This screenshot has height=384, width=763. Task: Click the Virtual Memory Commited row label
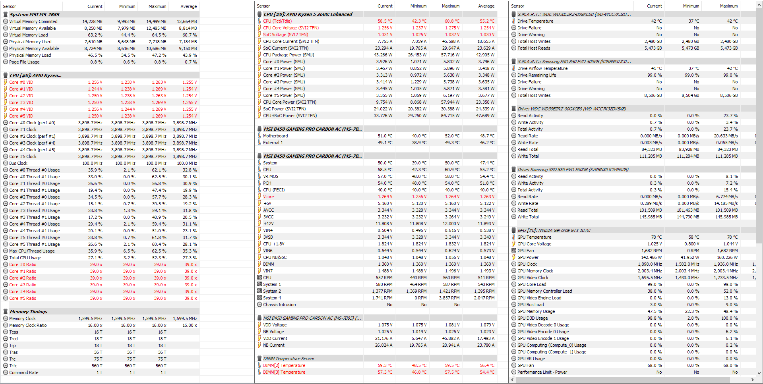[x=33, y=21]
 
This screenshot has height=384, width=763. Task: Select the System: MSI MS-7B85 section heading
[x=35, y=15]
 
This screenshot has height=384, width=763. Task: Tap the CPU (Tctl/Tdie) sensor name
[x=277, y=21]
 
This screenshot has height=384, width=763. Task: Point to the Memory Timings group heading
[x=28, y=312]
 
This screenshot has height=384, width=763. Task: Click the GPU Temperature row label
[x=534, y=237]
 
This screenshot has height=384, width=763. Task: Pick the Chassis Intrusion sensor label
[x=279, y=305]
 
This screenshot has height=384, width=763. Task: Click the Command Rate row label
[x=24, y=372]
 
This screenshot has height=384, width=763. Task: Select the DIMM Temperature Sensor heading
[x=289, y=359]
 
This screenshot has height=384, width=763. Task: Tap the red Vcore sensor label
[x=268, y=197]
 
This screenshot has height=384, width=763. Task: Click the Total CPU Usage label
[x=25, y=258]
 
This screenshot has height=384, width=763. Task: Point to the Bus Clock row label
[x=18, y=163]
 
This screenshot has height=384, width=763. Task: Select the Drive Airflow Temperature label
[x=542, y=68]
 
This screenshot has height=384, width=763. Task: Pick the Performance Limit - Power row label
[x=542, y=372]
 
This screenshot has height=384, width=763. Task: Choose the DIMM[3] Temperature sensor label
[x=284, y=372]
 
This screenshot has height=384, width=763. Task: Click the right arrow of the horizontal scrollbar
[x=752, y=380]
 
